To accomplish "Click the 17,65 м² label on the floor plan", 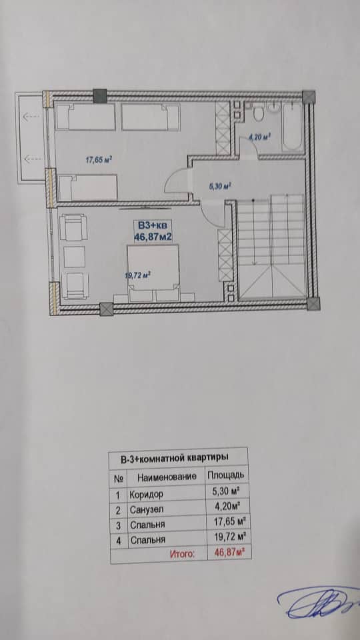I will tap(98, 159).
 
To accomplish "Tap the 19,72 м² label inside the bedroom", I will tap(138, 273).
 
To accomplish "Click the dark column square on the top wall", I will tap(99, 95).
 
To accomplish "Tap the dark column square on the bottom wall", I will tap(106, 309).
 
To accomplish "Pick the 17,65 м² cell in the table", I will tap(225, 524).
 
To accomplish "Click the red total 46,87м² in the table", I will tap(225, 553).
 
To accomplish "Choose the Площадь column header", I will tap(225, 476).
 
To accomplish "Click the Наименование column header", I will tap(166, 477).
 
